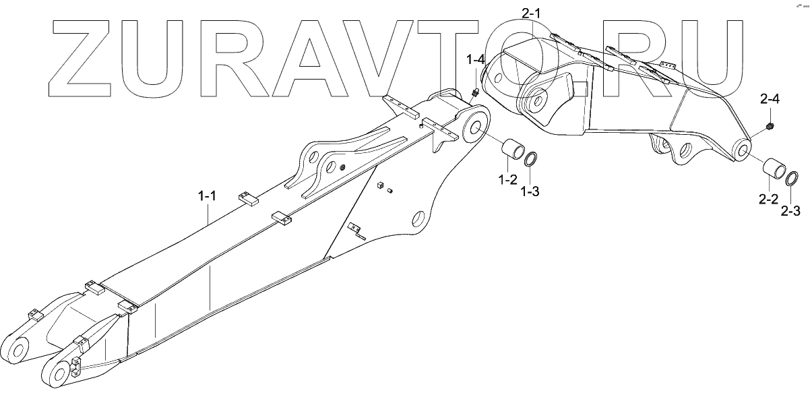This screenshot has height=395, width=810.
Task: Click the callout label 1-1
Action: point(207,197)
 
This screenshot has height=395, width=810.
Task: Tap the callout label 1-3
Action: point(530,191)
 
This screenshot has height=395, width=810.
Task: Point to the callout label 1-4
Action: point(475,61)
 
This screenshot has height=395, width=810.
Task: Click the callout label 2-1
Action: point(531,12)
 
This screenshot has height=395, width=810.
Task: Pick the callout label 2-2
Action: point(769,199)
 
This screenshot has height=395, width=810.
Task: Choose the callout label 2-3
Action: point(790,211)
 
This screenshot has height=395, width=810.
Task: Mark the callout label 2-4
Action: point(770,100)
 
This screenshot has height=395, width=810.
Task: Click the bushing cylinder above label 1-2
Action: point(511,152)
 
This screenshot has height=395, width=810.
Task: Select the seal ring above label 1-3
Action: point(531,160)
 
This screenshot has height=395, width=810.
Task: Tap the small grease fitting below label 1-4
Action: point(474,92)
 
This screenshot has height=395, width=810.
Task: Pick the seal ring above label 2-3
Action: point(792,179)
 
